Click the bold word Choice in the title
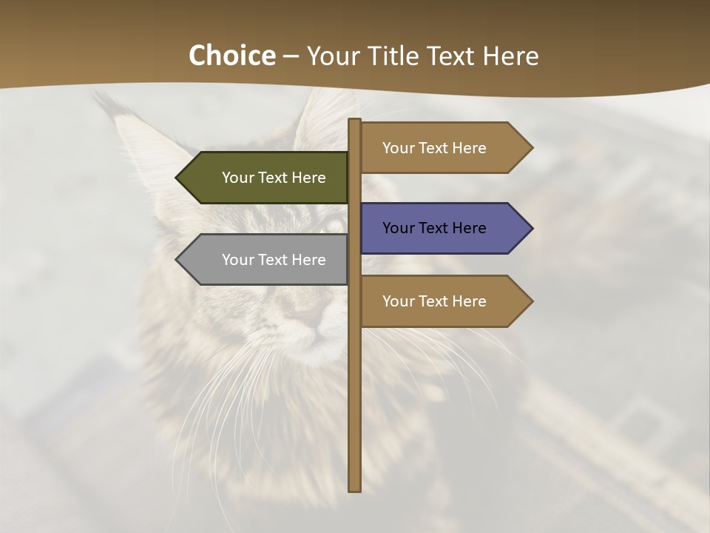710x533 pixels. [x=231, y=56]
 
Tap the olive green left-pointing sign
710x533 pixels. [x=266, y=178]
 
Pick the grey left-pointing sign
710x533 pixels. [x=266, y=260]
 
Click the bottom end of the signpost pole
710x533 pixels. [x=355, y=488]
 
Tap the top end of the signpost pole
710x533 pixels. [x=355, y=121]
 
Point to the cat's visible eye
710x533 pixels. [x=334, y=224]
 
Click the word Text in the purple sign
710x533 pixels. [x=434, y=228]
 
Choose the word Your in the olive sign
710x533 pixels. [x=238, y=178]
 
